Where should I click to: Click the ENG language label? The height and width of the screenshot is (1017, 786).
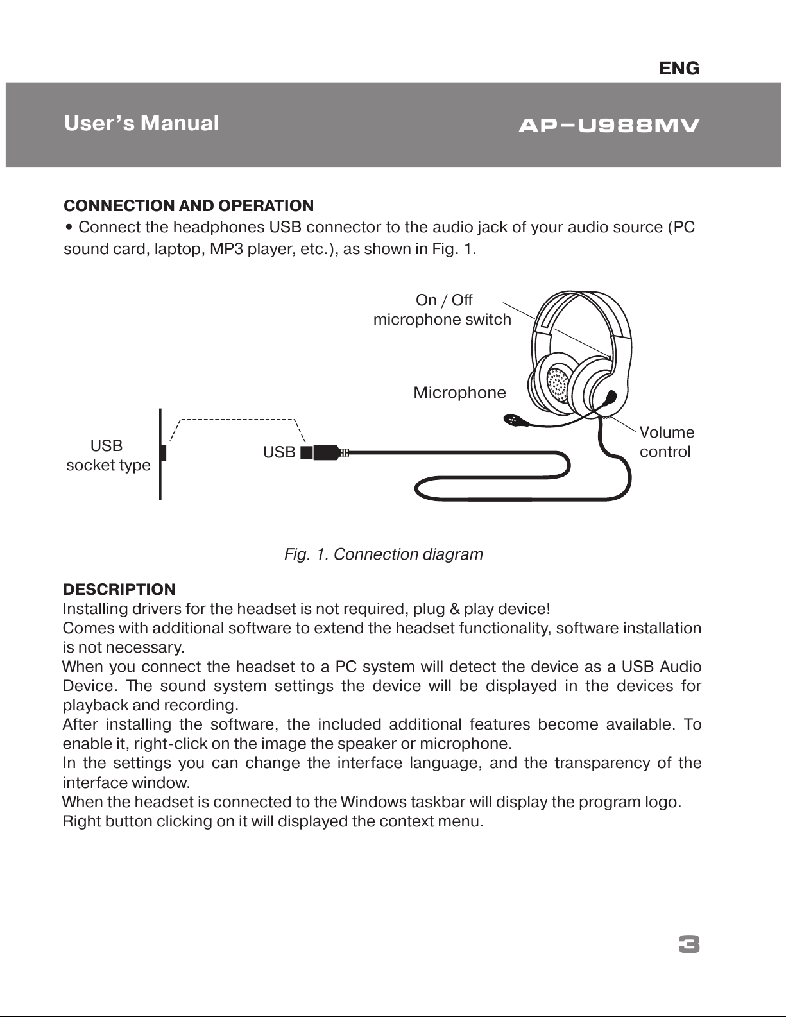[x=679, y=68]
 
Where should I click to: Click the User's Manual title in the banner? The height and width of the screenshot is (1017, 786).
[x=141, y=123]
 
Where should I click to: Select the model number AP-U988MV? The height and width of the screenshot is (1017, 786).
[x=608, y=125]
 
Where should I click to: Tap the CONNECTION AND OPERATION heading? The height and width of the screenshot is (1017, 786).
[x=189, y=206]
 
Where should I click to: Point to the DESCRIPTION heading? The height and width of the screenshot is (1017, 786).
[x=119, y=589]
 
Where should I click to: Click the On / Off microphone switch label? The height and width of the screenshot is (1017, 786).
[x=443, y=310]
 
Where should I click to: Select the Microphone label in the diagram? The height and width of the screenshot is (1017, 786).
[x=459, y=393]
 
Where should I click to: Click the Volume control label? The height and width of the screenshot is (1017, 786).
[x=667, y=442]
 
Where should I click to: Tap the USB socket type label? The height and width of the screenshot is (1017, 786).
[x=108, y=456]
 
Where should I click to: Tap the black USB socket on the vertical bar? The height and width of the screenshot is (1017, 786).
[x=164, y=452]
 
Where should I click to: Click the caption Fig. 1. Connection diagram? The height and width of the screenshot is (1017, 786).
[x=383, y=554]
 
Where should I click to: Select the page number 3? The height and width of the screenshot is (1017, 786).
[x=688, y=945]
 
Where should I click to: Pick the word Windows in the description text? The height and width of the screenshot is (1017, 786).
[x=373, y=802]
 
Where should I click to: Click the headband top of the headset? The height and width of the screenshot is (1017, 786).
[x=581, y=298]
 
